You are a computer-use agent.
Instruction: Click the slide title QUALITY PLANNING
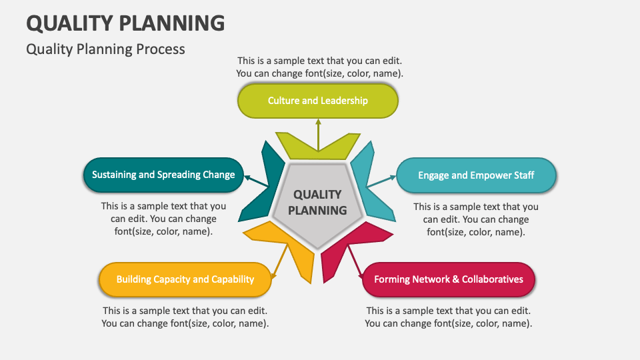tap(125, 23)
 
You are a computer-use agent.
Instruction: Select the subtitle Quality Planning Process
tap(105, 49)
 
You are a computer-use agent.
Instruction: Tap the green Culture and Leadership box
tap(318, 101)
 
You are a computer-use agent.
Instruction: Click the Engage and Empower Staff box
tap(476, 175)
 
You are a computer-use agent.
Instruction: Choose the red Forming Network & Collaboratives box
tap(449, 279)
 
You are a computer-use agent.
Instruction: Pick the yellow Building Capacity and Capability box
tap(185, 279)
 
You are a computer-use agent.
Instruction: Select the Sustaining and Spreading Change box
tap(163, 175)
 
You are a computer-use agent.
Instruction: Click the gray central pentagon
tap(317, 202)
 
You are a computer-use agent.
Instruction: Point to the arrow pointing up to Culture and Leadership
tap(318, 133)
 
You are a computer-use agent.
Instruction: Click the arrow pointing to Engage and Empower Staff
tap(381, 182)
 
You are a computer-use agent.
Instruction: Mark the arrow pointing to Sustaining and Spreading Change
tap(256, 181)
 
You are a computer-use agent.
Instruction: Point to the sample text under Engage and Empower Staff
tap(476, 219)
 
